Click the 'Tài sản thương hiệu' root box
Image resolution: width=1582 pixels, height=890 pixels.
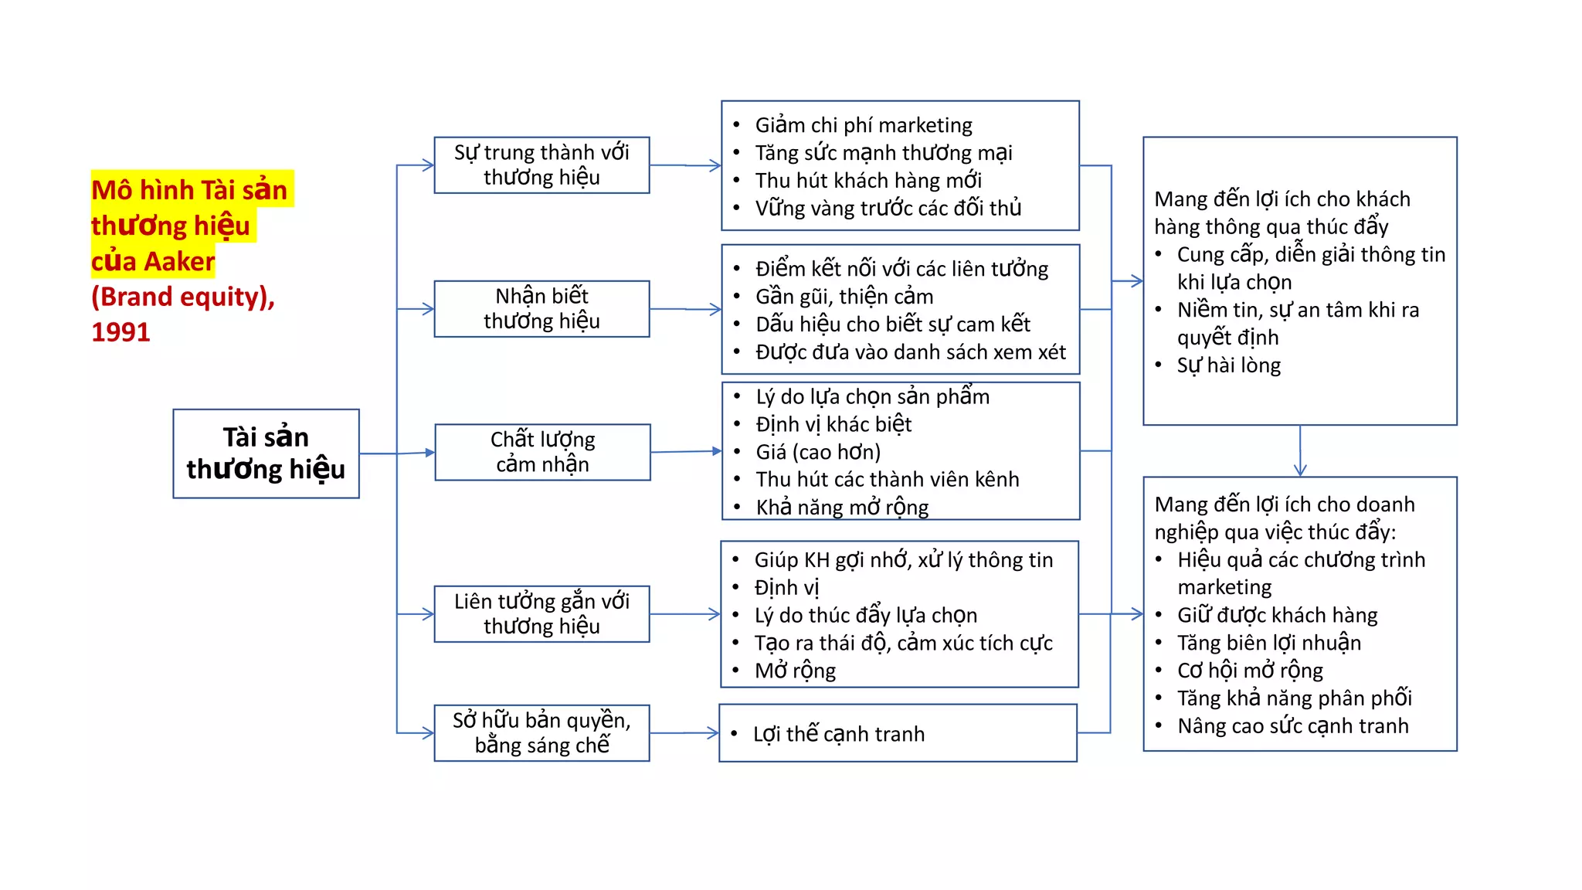point(266,453)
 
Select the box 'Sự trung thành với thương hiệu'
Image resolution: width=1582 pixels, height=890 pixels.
point(541,165)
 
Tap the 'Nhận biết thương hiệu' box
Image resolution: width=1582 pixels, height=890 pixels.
point(541,308)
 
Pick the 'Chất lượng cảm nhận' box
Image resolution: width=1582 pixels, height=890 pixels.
point(542,452)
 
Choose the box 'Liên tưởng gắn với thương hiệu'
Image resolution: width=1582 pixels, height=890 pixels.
point(541,613)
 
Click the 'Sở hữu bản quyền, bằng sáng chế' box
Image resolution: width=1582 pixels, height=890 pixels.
point(541,732)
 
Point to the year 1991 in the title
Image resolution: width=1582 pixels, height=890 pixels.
point(121,332)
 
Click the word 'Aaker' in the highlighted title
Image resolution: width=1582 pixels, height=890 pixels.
point(179,262)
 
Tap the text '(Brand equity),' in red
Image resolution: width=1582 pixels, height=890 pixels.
point(183,297)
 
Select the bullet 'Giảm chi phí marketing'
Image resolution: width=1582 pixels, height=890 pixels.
point(863,125)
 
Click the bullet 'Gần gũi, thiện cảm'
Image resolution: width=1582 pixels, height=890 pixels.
point(844,297)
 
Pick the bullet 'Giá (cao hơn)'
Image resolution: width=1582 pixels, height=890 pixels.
point(817,452)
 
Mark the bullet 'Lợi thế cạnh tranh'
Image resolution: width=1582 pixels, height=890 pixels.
point(838,734)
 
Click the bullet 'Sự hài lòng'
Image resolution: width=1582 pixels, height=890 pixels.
point(1228,365)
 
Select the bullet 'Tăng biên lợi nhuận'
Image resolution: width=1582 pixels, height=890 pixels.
point(1268,643)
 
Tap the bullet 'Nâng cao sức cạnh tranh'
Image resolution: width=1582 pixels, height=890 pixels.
point(1292,726)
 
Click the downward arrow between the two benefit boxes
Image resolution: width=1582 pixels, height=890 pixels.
point(1300,452)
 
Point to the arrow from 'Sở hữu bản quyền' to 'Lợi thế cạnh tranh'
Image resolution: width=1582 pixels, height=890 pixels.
point(684,733)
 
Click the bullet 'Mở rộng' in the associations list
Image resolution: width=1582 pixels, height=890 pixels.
point(794,671)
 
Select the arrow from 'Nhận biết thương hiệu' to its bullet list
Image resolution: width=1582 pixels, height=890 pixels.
point(685,309)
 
